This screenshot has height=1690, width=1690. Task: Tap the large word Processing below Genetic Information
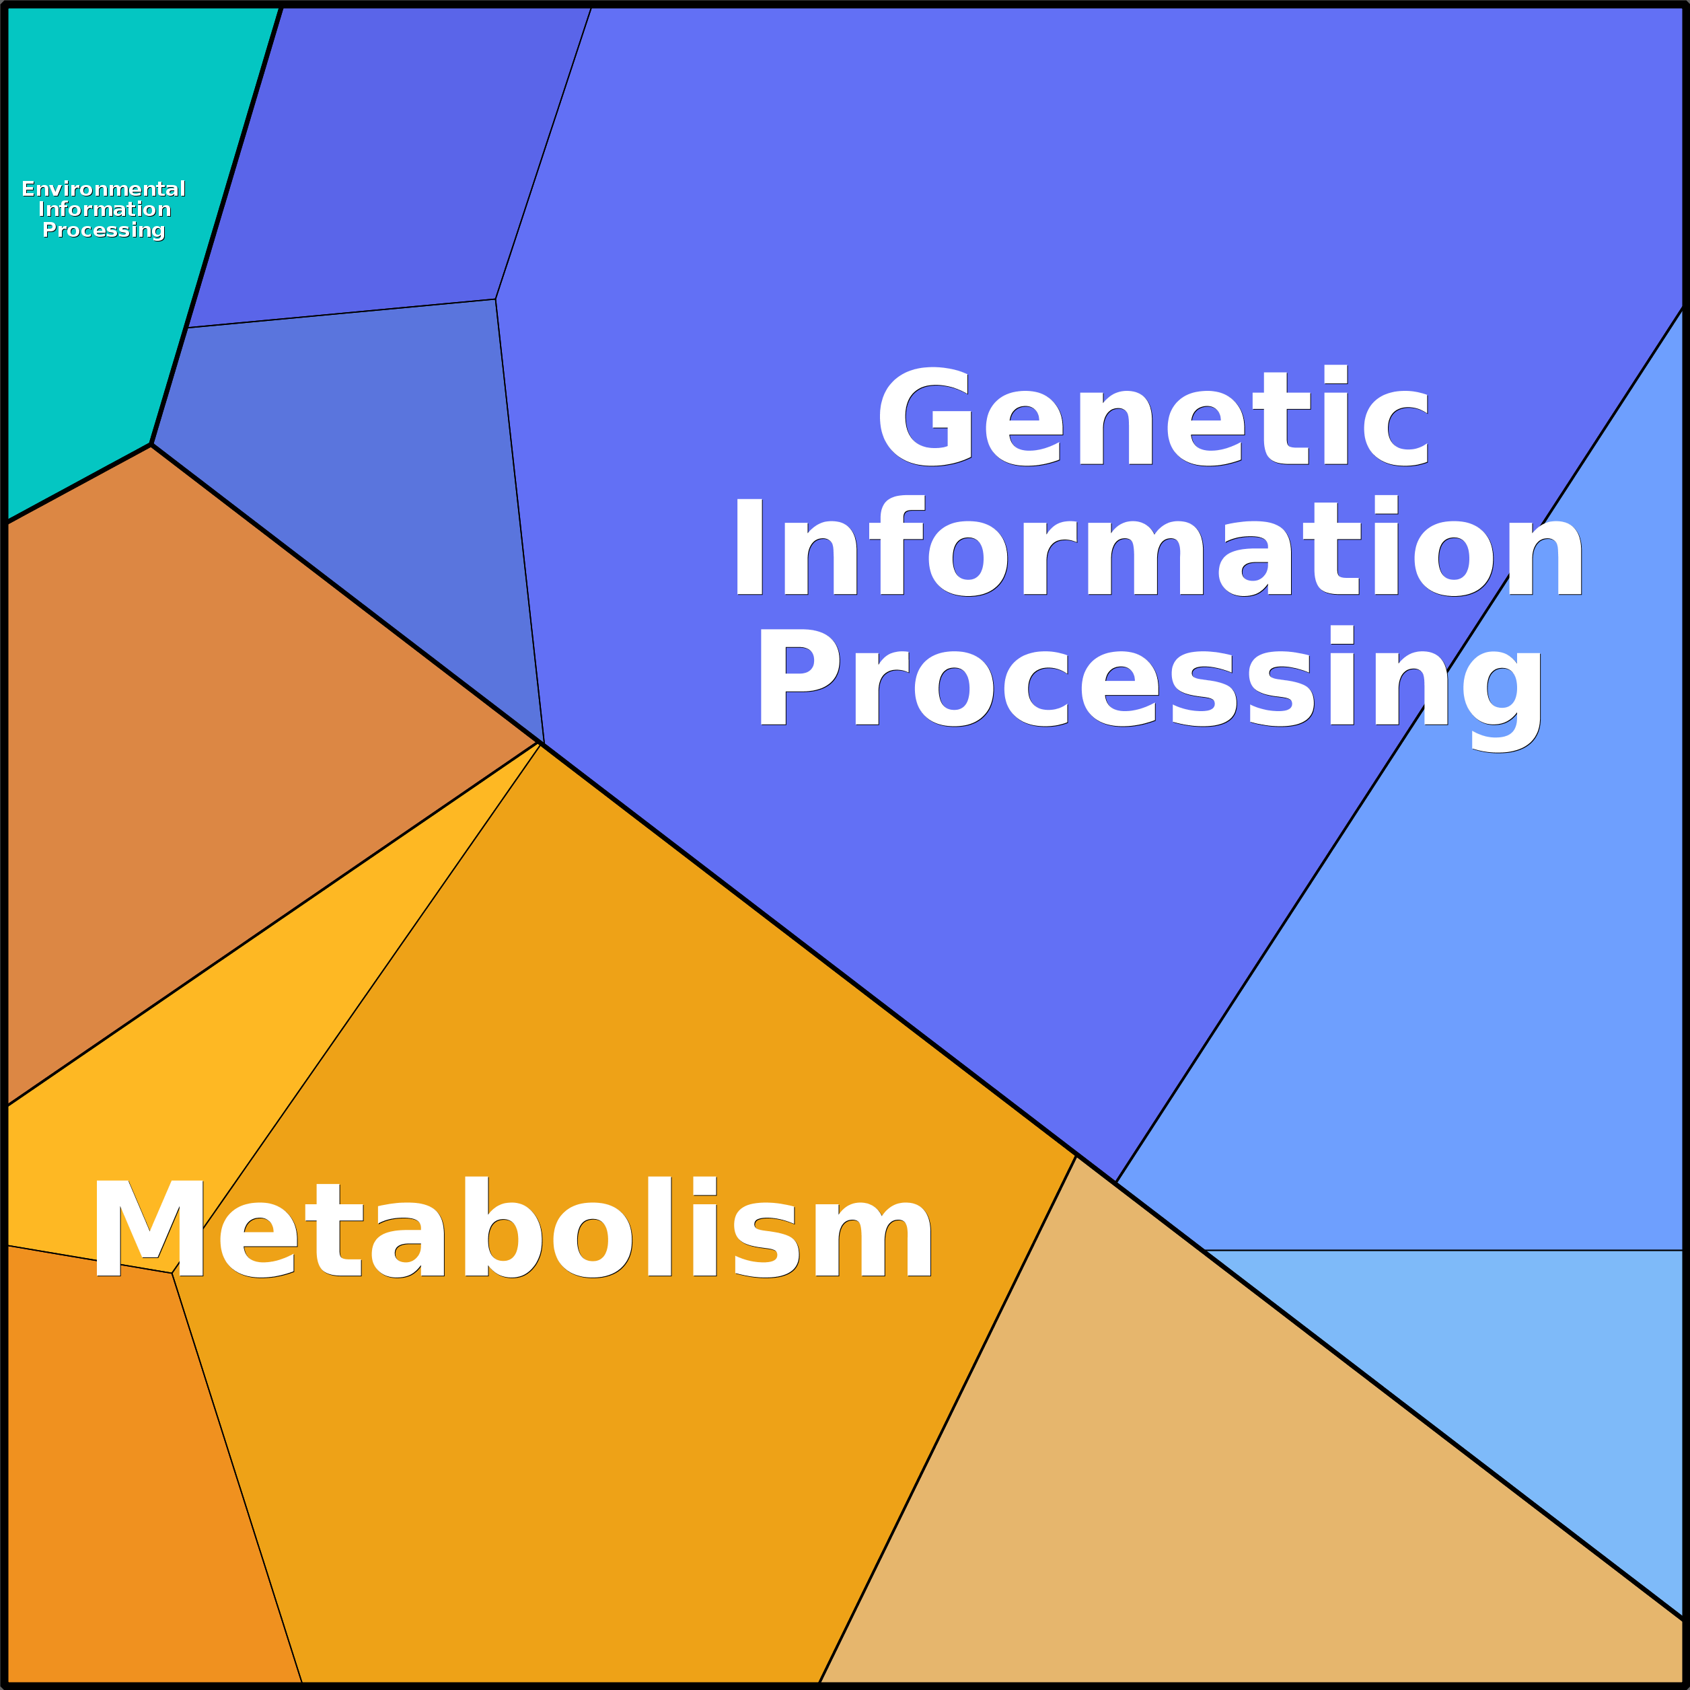tap(1149, 688)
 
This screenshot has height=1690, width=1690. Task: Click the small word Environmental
tap(103, 189)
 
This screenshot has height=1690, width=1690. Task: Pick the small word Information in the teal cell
tap(104, 209)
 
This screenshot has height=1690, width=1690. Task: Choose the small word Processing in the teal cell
tap(103, 230)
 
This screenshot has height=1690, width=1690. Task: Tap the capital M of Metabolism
tap(149, 1228)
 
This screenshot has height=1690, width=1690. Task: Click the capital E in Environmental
tap(28, 189)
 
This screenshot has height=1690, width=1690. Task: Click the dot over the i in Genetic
tap(1335, 373)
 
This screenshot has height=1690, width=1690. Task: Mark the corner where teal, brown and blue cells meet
tap(151, 445)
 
